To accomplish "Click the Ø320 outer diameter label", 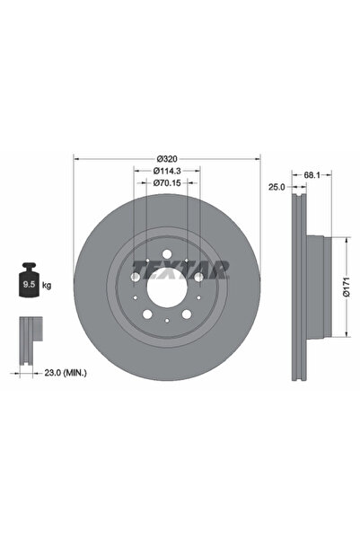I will click(x=165, y=160).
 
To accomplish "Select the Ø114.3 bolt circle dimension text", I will click(x=165, y=171).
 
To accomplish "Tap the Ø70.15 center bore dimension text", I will click(x=165, y=183).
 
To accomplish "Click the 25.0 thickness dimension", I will click(x=277, y=187).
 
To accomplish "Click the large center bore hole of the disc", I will click(x=165, y=289).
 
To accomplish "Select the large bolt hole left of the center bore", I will click(x=134, y=279).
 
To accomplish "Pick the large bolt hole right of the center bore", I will click(x=198, y=279).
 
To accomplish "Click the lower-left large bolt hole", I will click(x=145, y=316).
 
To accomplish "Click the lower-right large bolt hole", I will click(x=185, y=316).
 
